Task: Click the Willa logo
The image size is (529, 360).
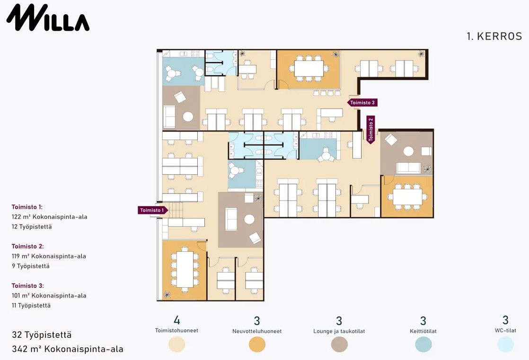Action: [x=48, y=18]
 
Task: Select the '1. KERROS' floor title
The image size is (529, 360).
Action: [x=494, y=36]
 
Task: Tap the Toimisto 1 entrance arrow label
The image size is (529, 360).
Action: [x=153, y=210]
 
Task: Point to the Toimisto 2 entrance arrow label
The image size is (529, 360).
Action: [x=371, y=130]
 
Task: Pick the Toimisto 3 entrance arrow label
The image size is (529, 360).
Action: [x=362, y=103]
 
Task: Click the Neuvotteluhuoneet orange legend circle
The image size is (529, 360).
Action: [x=257, y=344]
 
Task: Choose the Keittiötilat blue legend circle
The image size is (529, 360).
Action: [x=423, y=344]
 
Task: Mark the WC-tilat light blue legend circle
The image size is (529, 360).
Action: [x=505, y=344]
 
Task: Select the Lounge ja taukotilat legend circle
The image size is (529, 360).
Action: [x=339, y=344]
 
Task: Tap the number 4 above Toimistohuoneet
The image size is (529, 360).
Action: [x=177, y=320]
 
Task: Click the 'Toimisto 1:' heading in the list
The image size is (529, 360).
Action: [x=27, y=207]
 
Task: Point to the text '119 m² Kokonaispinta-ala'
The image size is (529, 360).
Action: [x=49, y=256]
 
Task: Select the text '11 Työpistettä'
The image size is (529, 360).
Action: [x=31, y=305]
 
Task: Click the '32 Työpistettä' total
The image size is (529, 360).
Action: [x=42, y=335]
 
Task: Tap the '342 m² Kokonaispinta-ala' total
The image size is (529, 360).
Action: [x=68, y=349]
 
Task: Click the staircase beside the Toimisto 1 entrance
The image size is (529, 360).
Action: [x=176, y=210]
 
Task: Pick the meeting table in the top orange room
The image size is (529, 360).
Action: [x=309, y=69]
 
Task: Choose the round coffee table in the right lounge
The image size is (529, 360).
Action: [x=408, y=151]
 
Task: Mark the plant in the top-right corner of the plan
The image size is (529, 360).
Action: [x=421, y=53]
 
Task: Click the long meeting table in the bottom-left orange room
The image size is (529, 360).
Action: [x=185, y=269]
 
